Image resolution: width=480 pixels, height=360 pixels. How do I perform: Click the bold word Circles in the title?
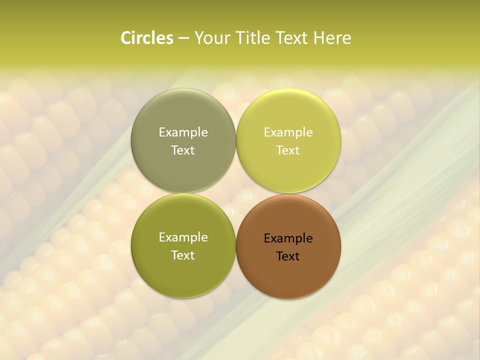point(147,38)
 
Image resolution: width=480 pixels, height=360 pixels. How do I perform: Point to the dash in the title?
point(183,38)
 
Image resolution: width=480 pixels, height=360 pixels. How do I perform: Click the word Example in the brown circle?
point(288,238)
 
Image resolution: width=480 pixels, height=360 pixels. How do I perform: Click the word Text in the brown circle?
point(288,256)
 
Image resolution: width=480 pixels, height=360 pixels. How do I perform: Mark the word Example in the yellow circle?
point(288,132)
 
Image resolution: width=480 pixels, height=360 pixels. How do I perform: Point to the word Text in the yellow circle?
point(288,150)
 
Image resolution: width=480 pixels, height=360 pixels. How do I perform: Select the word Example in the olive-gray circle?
point(183,132)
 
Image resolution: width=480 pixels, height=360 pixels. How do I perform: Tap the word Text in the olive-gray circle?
point(183,150)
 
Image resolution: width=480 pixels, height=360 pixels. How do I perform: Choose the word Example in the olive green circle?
point(183,237)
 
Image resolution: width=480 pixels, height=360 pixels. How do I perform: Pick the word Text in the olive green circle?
point(183,255)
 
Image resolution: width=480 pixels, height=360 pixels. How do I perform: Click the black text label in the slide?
point(288,247)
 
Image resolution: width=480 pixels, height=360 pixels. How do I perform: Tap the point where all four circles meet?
point(236,193)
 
